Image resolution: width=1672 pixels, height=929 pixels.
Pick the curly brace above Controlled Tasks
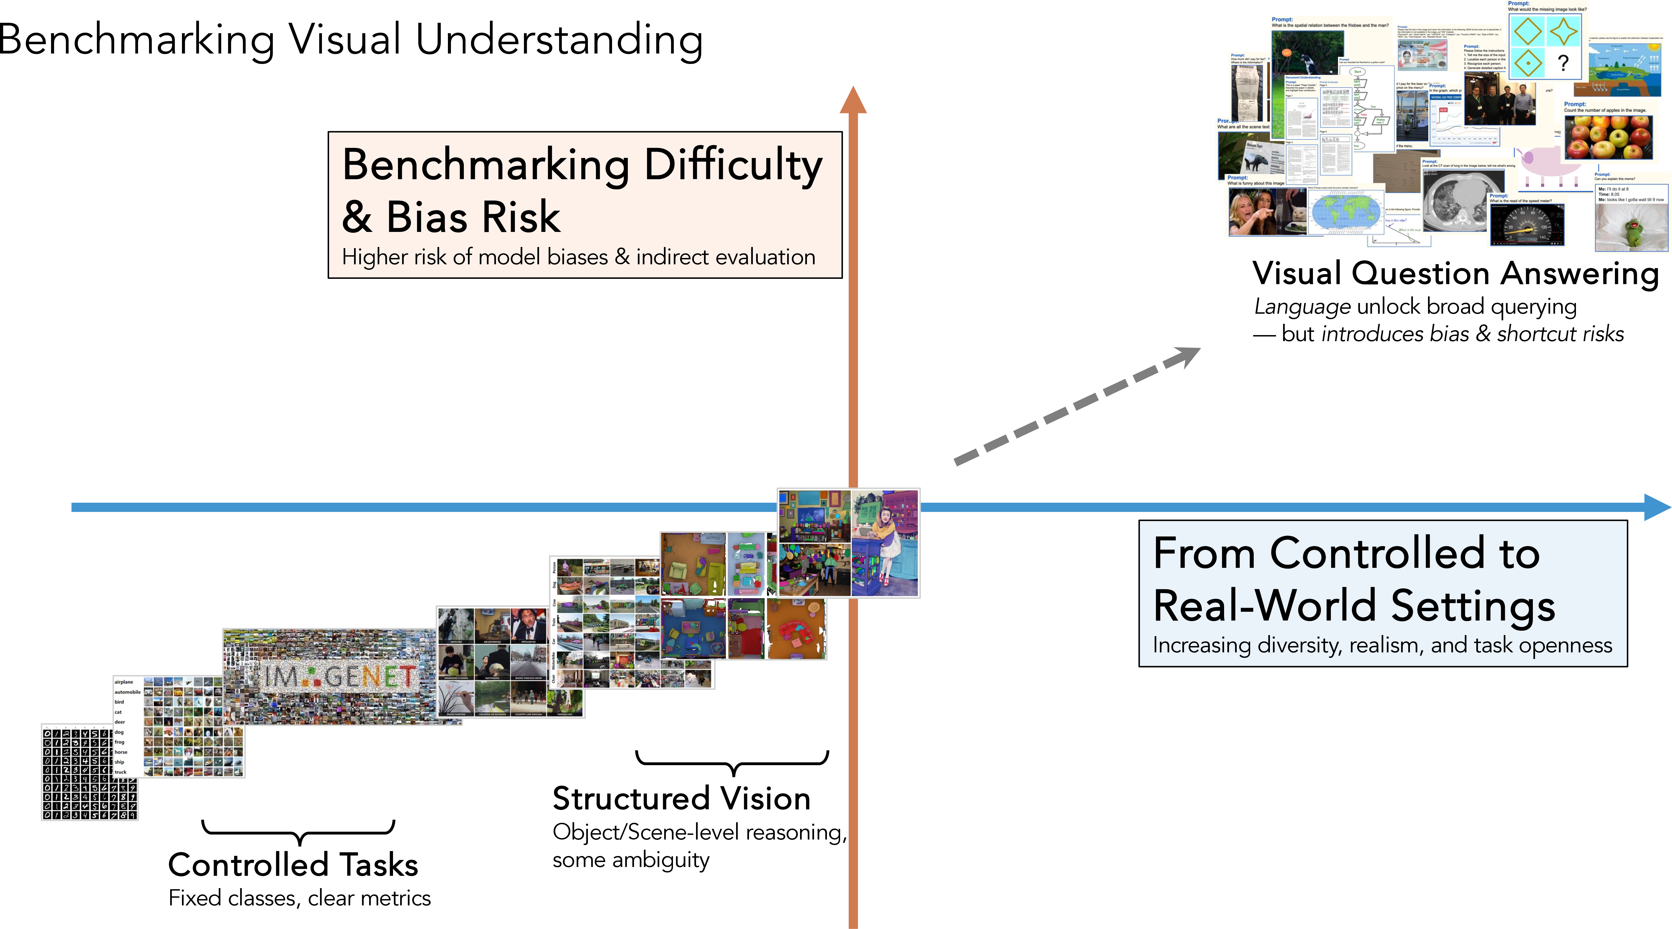tap(299, 832)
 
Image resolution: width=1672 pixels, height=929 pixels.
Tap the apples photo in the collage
tap(1608, 136)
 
